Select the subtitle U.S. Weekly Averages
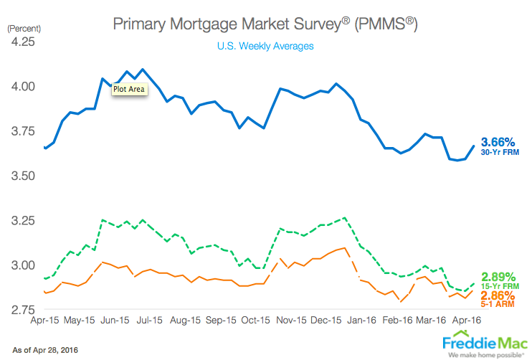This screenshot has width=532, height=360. [265, 46]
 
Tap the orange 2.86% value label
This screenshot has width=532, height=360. [498, 295]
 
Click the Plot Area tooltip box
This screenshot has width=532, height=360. [129, 90]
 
